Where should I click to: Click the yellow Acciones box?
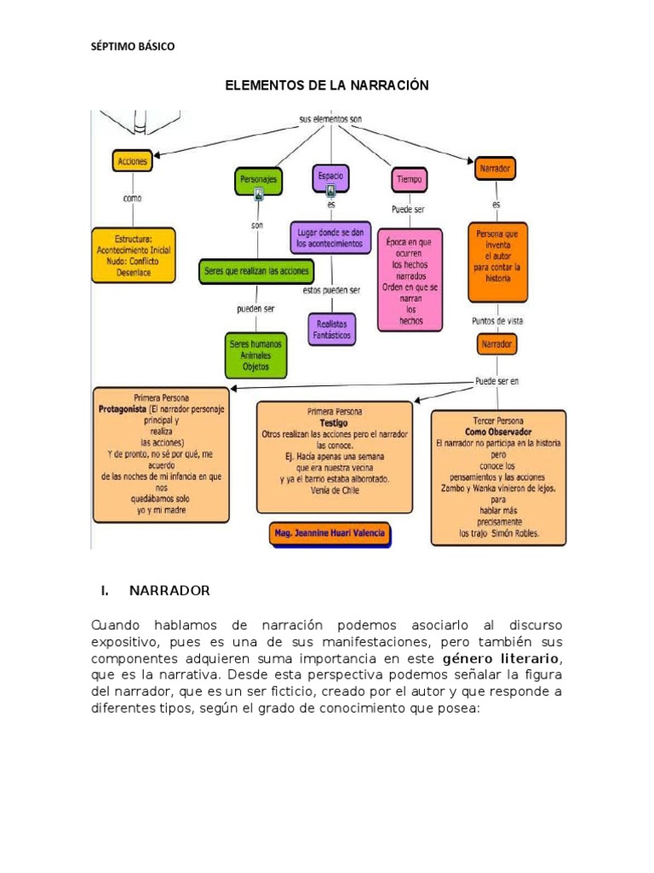pyautogui.click(x=132, y=161)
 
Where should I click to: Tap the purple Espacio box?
pyautogui.click(x=331, y=178)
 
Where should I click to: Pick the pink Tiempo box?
pyautogui.click(x=410, y=180)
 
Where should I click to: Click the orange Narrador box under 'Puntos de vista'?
pyautogui.click(x=496, y=344)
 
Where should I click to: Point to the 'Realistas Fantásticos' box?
pyautogui.click(x=332, y=330)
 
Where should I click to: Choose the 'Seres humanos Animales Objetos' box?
pyautogui.click(x=255, y=356)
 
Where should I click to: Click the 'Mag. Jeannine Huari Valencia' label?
pyautogui.click(x=330, y=534)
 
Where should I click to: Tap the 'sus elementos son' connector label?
pyautogui.click(x=330, y=119)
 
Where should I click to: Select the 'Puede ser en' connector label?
pyautogui.click(x=496, y=381)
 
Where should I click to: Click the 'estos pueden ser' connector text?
pyautogui.click(x=331, y=290)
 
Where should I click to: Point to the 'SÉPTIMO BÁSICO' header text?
pyautogui.click(x=133, y=47)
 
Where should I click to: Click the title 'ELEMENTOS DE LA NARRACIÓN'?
pyautogui.click(x=327, y=85)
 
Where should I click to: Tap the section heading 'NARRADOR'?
pyautogui.click(x=169, y=591)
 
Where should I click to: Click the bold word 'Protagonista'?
pyautogui.click(x=123, y=409)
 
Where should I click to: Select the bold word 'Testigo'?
pyautogui.click(x=334, y=423)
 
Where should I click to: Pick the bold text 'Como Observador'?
pyautogui.click(x=498, y=432)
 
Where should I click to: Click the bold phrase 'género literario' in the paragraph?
pyautogui.click(x=501, y=659)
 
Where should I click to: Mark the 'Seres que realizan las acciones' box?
pyautogui.click(x=256, y=271)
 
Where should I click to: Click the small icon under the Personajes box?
pyautogui.click(x=259, y=194)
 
